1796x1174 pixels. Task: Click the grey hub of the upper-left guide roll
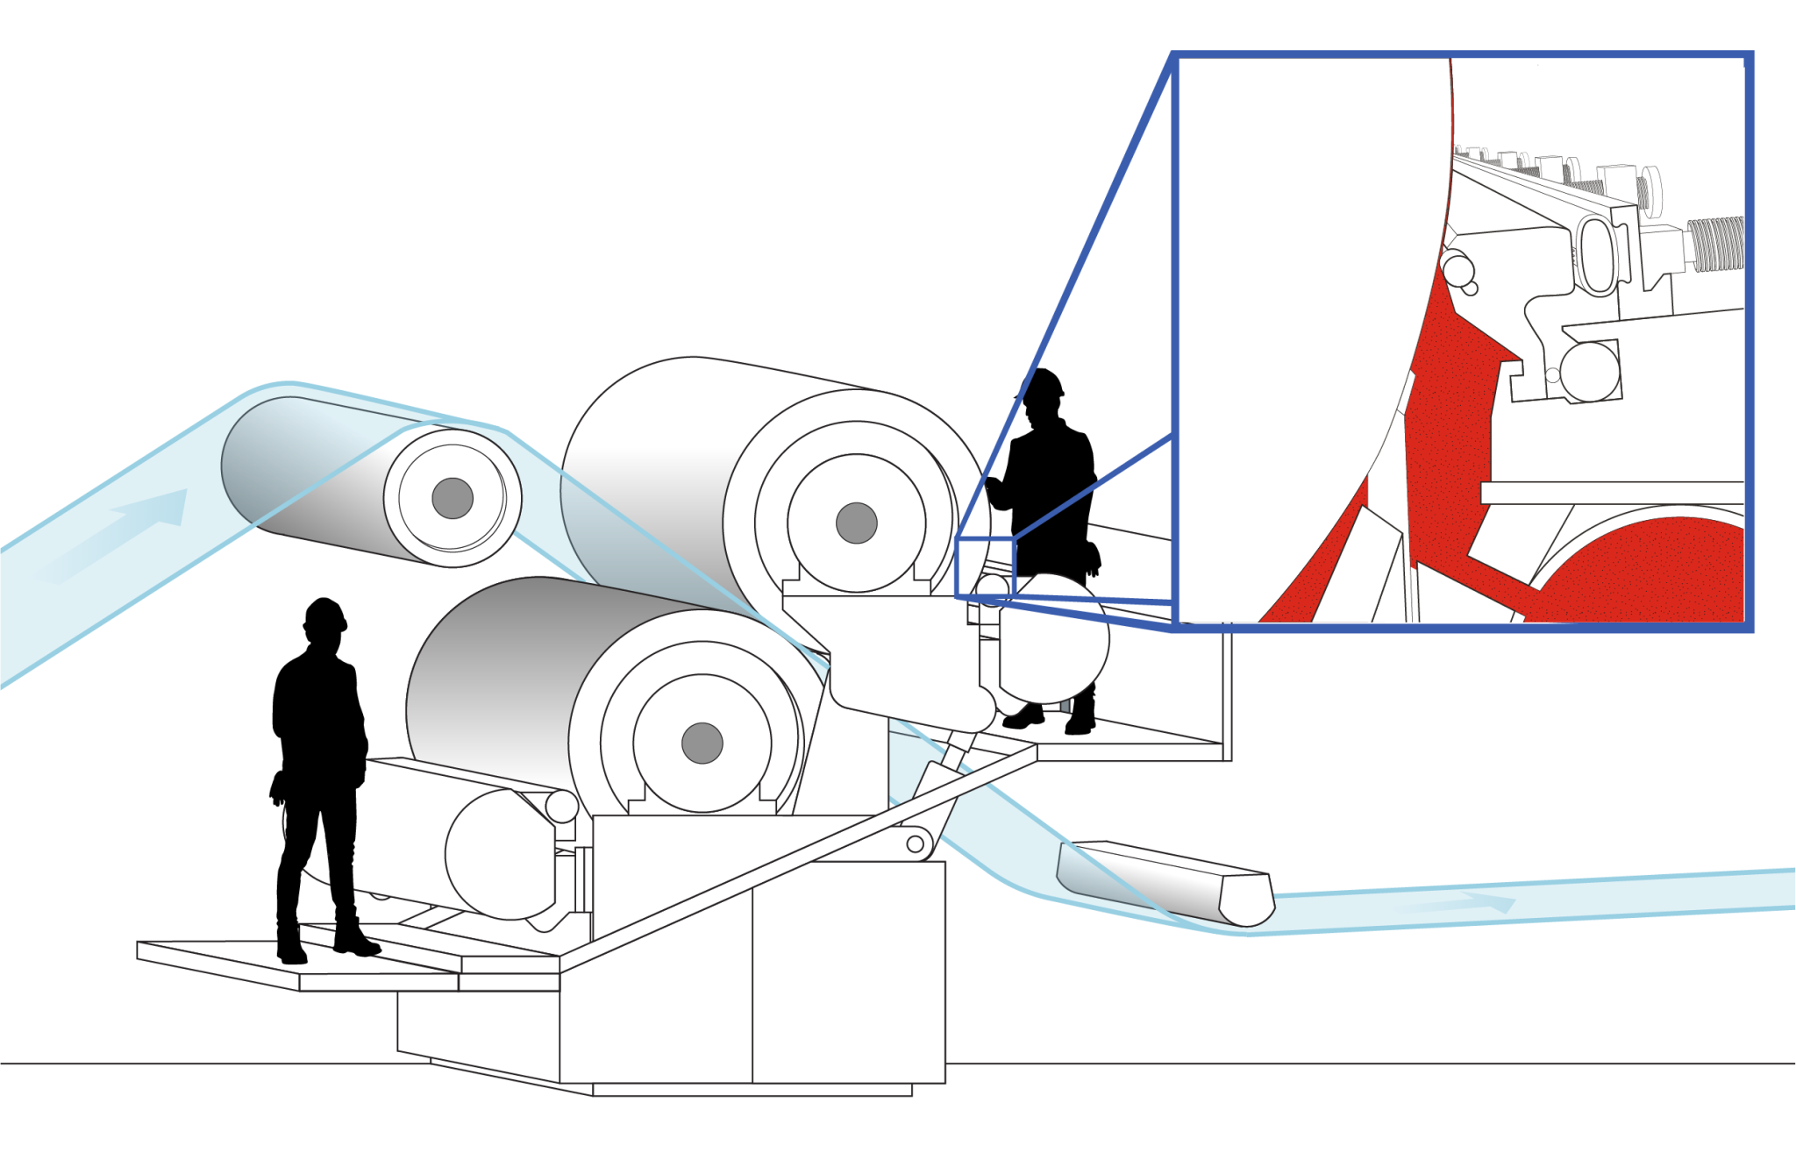click(453, 499)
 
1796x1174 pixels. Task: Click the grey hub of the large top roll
click(857, 523)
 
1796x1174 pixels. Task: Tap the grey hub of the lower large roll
click(702, 744)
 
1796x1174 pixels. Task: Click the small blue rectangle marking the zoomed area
click(985, 568)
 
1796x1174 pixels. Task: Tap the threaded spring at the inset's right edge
click(1714, 243)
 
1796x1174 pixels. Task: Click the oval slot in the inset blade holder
click(1596, 254)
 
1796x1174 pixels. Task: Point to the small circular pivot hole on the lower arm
click(915, 843)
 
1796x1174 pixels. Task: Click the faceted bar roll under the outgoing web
click(1166, 884)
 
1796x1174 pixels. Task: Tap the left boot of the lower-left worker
click(290, 947)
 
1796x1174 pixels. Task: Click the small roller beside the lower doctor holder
click(562, 806)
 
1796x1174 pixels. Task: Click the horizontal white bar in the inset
click(1612, 493)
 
